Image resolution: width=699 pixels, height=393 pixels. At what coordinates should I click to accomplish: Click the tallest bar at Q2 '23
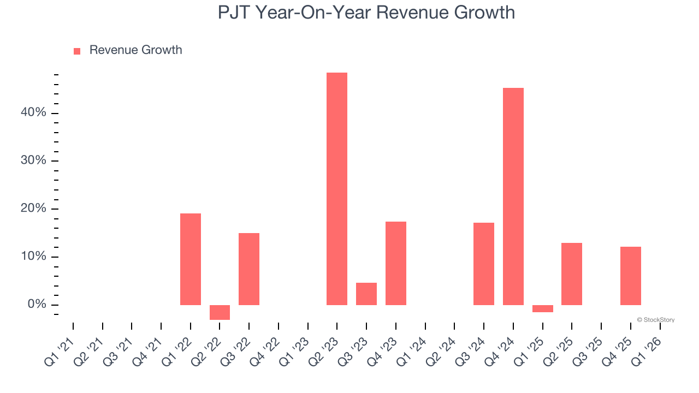pyautogui.click(x=337, y=189)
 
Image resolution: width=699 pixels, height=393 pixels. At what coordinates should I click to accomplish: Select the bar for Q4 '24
pyautogui.click(x=513, y=196)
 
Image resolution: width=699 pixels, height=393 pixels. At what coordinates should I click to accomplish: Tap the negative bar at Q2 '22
pyautogui.click(x=220, y=312)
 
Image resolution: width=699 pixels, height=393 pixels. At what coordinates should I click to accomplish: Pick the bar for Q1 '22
pyautogui.click(x=191, y=259)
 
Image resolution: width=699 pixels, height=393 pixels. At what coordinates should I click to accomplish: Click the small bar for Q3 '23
pyautogui.click(x=366, y=294)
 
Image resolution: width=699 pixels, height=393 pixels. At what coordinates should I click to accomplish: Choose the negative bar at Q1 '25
pyautogui.click(x=543, y=308)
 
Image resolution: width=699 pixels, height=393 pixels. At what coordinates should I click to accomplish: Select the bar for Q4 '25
pyautogui.click(x=631, y=276)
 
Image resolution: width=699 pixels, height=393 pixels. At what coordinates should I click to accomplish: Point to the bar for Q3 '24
pyautogui.click(x=484, y=264)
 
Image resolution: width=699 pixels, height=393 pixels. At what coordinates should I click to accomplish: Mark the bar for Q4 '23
pyautogui.click(x=396, y=263)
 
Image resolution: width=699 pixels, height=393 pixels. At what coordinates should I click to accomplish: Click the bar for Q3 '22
pyautogui.click(x=249, y=269)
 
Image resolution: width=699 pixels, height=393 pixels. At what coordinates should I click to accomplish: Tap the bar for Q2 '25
pyautogui.click(x=572, y=274)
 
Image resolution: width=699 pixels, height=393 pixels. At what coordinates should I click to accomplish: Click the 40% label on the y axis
pyautogui.click(x=34, y=112)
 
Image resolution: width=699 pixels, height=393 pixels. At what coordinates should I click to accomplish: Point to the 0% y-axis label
pyautogui.click(x=37, y=305)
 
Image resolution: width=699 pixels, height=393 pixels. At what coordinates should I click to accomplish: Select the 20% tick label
pyautogui.click(x=34, y=209)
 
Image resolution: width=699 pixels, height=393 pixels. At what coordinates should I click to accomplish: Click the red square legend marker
pyautogui.click(x=77, y=51)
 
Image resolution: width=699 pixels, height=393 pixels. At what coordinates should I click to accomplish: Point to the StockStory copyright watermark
pyautogui.click(x=656, y=320)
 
